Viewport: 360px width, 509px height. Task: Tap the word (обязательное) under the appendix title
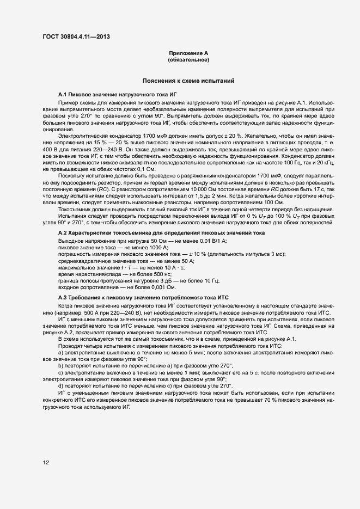point(188,59)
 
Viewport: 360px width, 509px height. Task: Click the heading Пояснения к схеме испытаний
point(188,81)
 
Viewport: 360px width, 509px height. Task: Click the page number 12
point(46,463)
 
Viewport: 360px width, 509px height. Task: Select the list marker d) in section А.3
point(60,385)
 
